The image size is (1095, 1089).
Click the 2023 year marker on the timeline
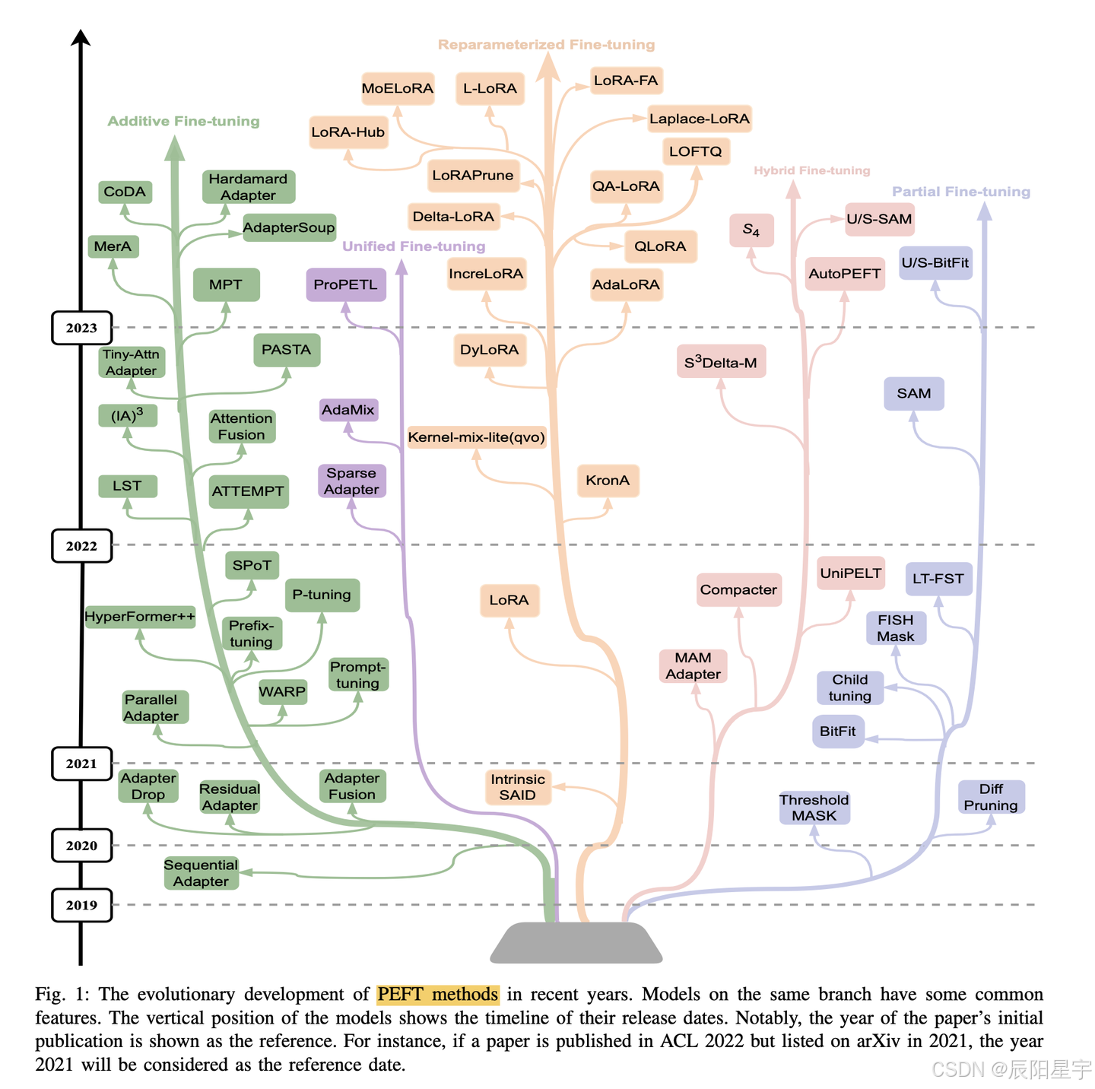tap(81, 328)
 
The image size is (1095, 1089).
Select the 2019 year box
tap(81, 905)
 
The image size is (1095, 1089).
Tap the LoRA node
tap(509, 600)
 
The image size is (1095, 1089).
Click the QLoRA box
tap(660, 246)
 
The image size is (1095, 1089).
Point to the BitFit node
tap(838, 732)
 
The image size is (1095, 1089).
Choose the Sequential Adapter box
tap(201, 873)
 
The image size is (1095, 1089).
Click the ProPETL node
tap(346, 285)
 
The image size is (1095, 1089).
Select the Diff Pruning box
tap(991, 797)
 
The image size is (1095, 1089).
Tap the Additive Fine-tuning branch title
tap(183, 122)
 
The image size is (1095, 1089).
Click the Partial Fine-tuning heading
tap(961, 192)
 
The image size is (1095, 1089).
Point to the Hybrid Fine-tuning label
tap(812, 170)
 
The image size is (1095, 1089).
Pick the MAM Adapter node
tap(693, 666)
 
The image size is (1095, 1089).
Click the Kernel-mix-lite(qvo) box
tap(477, 437)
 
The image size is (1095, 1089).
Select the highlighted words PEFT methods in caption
tap(438, 994)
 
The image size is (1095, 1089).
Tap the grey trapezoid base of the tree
tap(576, 943)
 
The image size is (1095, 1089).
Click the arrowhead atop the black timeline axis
tap(81, 37)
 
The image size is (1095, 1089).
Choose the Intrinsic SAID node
tap(518, 787)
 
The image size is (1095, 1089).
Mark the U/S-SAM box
tap(879, 219)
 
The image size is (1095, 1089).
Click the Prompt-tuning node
tap(358, 675)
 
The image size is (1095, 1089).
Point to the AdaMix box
tap(348, 410)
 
